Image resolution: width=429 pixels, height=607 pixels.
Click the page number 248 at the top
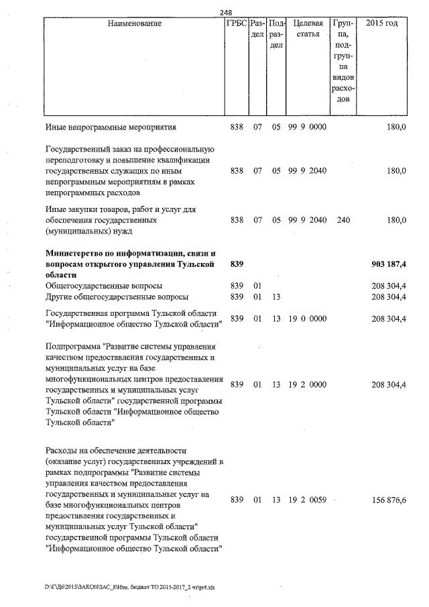225,13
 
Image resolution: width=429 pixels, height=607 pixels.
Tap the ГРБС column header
237,24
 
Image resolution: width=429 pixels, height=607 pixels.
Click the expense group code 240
344,220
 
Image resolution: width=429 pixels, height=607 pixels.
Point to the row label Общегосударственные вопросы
103,286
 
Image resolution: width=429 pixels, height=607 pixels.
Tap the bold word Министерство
76,254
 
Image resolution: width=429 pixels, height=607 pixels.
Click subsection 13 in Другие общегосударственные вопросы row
275,296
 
